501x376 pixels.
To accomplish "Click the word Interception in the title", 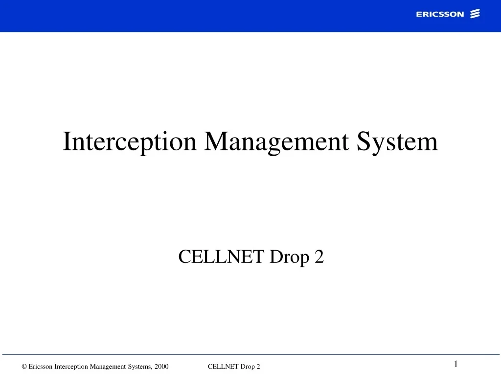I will pos(130,142).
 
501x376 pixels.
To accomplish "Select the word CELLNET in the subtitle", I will pos(221,256).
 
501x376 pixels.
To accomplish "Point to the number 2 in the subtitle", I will pos(319,256).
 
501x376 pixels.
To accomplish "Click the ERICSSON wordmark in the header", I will pos(440,14).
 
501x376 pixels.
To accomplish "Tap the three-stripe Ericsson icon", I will pos(475,14).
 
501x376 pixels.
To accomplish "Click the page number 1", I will pos(455,364).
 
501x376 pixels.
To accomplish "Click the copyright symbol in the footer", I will pos(24,367).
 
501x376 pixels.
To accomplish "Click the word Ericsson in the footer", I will pos(41,367).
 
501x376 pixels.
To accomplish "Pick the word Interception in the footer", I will pos(71,367).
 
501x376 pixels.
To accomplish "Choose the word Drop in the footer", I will pos(248,367).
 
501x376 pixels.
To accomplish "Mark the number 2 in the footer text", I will pos(258,367).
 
